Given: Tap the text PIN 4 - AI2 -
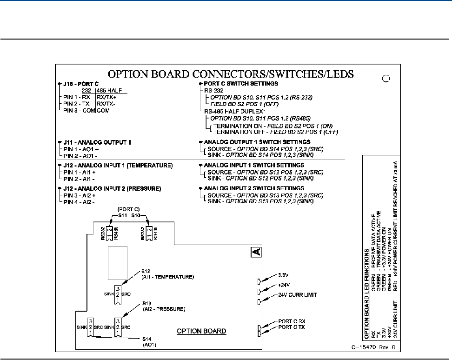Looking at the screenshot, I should (x=80, y=203).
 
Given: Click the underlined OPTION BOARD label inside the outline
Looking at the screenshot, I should (x=202, y=331).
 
